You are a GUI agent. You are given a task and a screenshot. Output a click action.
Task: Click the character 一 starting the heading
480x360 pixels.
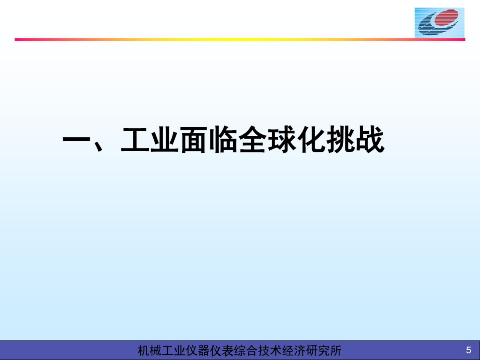coord(76,140)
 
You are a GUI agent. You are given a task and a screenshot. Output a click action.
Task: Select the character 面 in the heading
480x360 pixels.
coord(194,140)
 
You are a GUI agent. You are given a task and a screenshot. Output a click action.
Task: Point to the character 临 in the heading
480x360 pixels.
coord(223,140)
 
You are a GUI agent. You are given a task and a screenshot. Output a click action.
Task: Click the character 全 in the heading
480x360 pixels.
coord(253,140)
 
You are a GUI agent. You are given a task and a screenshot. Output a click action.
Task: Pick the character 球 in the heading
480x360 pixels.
coord(282,140)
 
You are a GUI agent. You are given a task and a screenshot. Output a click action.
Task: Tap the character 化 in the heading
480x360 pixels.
coord(311,140)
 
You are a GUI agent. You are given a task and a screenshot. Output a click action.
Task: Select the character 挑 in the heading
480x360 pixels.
coord(341,140)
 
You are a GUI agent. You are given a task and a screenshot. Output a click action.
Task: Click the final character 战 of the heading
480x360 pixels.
coord(370,140)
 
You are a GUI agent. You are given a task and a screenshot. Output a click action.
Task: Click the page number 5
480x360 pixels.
coord(468,350)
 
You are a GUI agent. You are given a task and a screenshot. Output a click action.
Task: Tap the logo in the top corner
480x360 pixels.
coord(439,22)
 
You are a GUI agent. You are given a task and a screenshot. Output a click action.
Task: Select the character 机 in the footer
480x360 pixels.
coord(144,351)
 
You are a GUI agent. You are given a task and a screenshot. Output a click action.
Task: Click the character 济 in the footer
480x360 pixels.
coord(299,351)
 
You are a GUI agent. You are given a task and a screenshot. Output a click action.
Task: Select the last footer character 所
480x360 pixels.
coord(335,351)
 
